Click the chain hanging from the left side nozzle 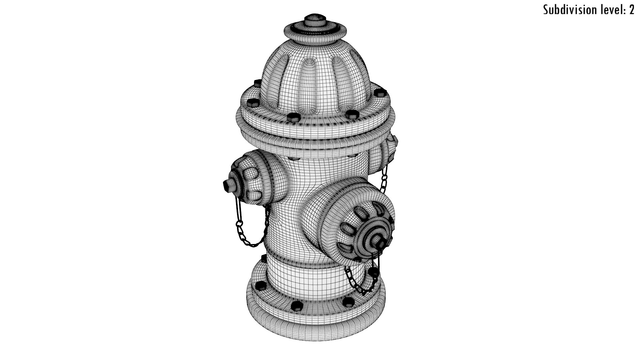(248, 230)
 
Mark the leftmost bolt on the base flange (260, 285)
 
